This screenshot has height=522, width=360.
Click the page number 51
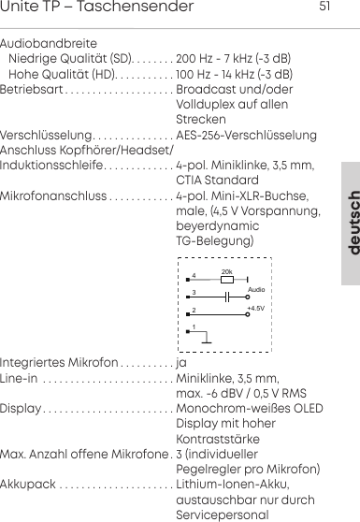tap(325, 7)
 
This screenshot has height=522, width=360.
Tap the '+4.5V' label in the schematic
tap(255, 308)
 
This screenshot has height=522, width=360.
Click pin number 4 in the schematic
tap(194, 275)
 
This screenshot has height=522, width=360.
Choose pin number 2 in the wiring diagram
tap(194, 310)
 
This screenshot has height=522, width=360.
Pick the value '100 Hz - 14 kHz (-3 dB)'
tap(236, 73)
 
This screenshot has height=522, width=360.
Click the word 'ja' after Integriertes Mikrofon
tap(181, 363)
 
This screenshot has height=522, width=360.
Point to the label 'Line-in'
tap(20, 378)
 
